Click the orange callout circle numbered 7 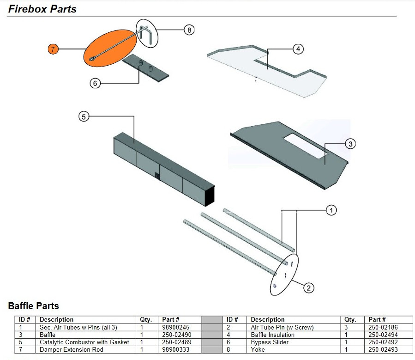[x=54, y=49]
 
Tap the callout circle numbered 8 [x=188, y=30]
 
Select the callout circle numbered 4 [x=298, y=49]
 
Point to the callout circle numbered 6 [x=95, y=83]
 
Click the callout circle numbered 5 [x=84, y=117]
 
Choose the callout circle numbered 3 [x=350, y=144]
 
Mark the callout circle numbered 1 [x=331, y=210]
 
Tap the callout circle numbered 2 [x=308, y=288]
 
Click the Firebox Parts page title [x=42, y=9]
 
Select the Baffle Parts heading [x=34, y=306]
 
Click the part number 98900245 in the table [x=176, y=327]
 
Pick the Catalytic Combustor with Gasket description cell [x=84, y=342]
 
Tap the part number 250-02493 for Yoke [x=383, y=349]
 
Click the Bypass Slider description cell [x=270, y=342]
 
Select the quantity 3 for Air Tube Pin [x=346, y=327]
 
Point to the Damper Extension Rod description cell [x=71, y=349]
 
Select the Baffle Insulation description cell [x=272, y=335]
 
